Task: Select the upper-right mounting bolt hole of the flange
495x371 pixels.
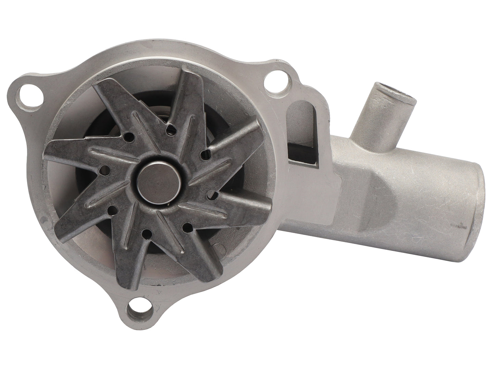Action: pos(275,82)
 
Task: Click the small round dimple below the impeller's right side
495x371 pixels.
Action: pos(215,245)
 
